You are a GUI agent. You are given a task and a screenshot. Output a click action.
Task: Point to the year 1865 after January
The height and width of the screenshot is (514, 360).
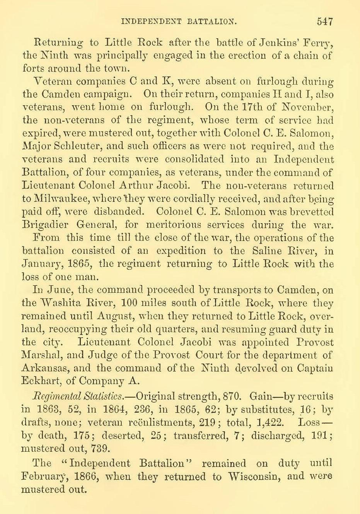79,264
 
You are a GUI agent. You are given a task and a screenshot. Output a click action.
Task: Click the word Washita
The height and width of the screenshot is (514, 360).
64,303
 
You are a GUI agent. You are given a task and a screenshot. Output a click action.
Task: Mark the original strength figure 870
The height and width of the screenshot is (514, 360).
231,397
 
